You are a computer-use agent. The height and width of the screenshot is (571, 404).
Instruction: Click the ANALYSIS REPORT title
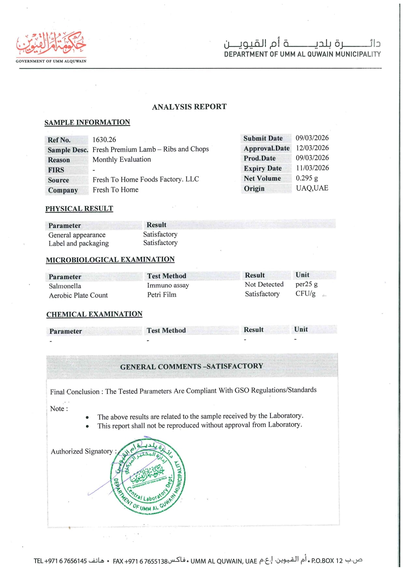[189, 107]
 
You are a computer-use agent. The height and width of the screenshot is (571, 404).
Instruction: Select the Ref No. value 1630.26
[104, 140]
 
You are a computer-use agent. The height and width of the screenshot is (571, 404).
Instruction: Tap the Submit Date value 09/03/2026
[312, 138]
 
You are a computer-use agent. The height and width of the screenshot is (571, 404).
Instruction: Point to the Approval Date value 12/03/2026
[312, 148]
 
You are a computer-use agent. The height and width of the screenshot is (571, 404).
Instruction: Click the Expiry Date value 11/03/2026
[312, 168]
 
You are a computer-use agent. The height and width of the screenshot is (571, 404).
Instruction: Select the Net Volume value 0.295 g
[307, 178]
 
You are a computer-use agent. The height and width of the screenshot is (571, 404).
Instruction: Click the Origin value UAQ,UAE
[312, 188]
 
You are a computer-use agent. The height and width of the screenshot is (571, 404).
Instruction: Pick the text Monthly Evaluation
[122, 160]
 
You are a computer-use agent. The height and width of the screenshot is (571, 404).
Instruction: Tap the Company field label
[63, 190]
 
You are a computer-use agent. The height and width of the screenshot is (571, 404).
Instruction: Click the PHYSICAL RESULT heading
[79, 209]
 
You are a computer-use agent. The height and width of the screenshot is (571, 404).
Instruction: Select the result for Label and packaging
[160, 243]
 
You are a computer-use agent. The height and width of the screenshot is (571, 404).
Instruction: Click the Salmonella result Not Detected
[264, 285]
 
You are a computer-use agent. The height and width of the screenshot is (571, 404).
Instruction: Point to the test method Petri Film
[162, 295]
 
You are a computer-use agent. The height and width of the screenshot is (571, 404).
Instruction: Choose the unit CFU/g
[305, 294]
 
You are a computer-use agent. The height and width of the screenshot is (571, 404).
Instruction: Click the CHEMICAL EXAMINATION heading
[94, 314]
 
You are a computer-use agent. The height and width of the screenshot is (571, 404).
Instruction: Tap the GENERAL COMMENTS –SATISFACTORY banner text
[192, 367]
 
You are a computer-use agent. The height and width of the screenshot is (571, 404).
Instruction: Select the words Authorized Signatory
[82, 452]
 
